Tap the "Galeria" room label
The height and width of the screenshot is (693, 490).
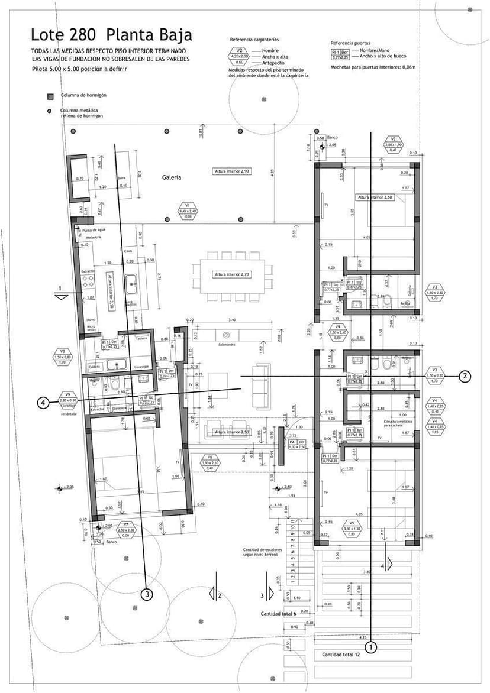tap(172, 177)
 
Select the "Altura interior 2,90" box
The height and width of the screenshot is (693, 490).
tap(233, 171)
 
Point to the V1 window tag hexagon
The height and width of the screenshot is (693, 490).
tap(188, 210)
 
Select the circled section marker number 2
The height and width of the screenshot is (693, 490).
tap(466, 375)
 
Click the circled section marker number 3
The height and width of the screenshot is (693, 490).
tap(147, 594)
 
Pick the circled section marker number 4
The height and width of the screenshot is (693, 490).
tap(43, 403)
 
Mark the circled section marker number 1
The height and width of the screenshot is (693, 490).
tap(371, 647)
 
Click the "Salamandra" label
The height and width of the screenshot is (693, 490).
tap(227, 344)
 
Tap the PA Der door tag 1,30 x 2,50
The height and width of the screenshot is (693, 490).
tap(296, 444)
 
